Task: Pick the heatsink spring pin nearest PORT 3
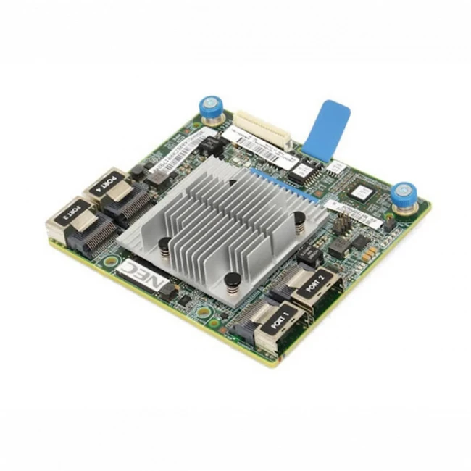(166, 246)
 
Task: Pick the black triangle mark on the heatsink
(231, 184)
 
